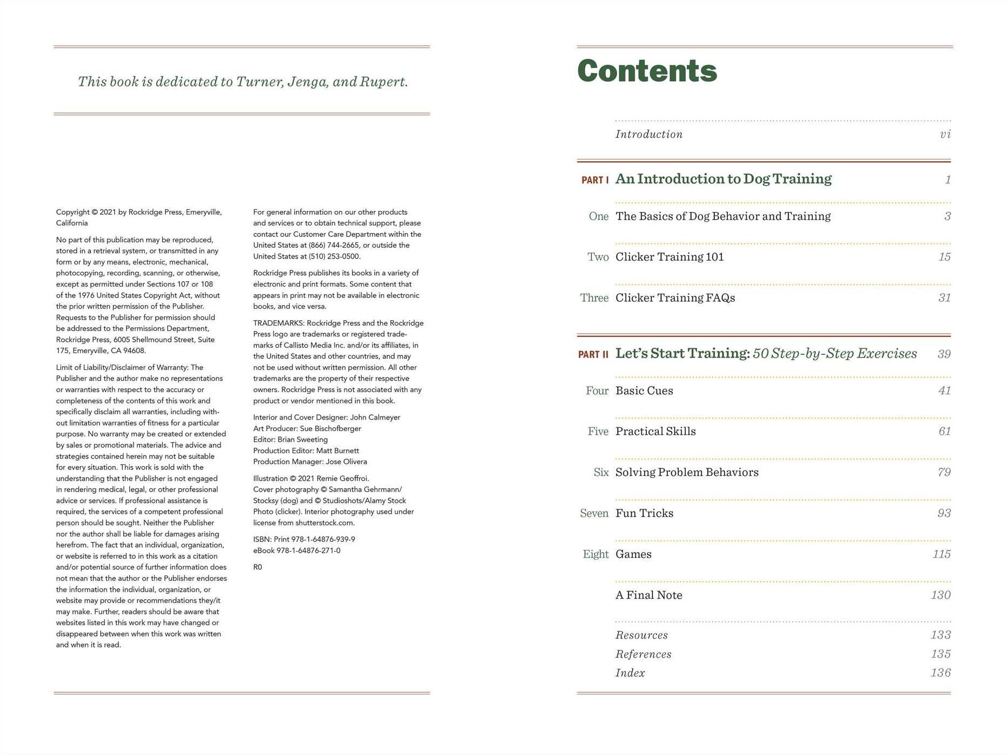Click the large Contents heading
647,71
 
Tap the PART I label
594,180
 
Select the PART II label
593,355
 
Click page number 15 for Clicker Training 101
944,257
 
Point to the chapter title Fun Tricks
644,513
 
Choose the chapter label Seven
594,513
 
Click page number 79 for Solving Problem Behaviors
944,473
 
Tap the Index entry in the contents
630,673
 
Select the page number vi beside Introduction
945,135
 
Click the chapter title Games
633,554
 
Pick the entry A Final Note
648,595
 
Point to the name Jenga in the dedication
307,82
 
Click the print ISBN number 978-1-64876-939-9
323,540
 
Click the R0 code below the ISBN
257,567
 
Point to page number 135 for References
940,654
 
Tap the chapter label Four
597,391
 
